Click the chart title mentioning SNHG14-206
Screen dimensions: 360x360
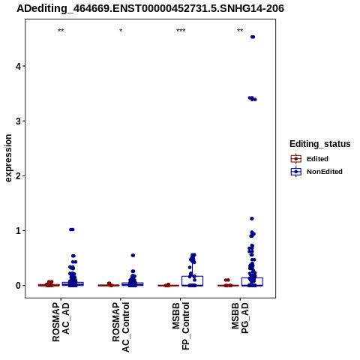coord(150,8)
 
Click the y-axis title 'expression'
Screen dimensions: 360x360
coord(8,158)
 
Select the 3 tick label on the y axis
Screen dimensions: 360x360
coord(18,121)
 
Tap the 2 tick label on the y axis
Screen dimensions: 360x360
coord(18,176)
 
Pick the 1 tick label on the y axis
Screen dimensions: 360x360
coord(18,231)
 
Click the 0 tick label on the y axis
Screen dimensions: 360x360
coord(18,286)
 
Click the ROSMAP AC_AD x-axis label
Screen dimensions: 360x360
coord(61,322)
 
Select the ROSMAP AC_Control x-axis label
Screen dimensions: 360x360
coord(121,327)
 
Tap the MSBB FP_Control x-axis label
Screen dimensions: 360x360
coord(181,326)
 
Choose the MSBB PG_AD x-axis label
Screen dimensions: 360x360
coord(240,318)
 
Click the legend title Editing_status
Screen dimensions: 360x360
coord(320,144)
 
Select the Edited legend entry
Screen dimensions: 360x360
coord(309,159)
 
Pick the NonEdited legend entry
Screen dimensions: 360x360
coord(316,172)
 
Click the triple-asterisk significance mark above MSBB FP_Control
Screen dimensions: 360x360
coord(181,31)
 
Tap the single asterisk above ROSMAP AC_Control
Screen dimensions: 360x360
coord(121,31)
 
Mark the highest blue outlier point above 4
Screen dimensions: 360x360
coord(253,37)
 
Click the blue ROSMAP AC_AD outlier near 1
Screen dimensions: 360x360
coord(72,229)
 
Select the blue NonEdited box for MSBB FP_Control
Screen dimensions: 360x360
coord(192,280)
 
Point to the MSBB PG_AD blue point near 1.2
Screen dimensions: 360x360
coord(252,218)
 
